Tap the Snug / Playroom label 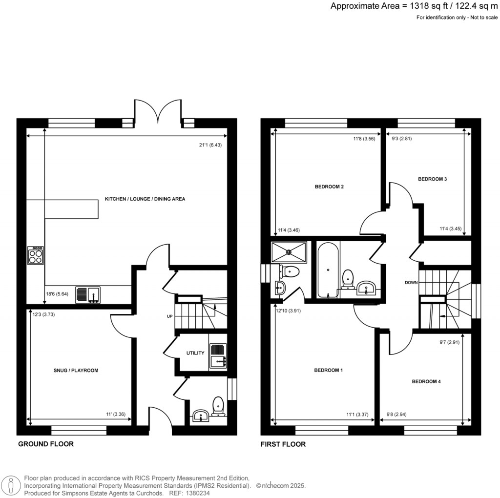[x=76, y=371]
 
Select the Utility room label [x=195, y=353]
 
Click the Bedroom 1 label [x=328, y=371]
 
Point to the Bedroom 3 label [x=432, y=179]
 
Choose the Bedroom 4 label [x=426, y=381]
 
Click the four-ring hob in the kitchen [x=35, y=256]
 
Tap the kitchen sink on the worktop [x=88, y=295]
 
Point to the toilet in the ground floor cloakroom [x=218, y=406]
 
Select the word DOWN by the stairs [x=411, y=283]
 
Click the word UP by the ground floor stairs [x=170, y=316]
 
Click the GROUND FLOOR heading [x=46, y=444]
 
